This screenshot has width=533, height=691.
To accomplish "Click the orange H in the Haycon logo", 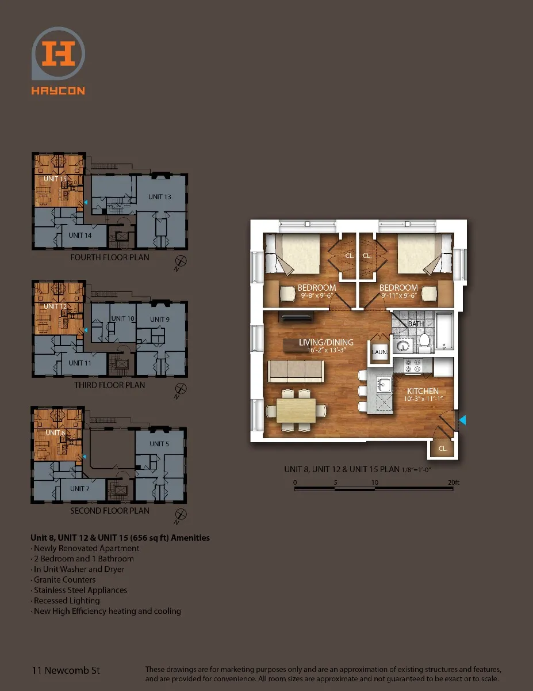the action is click(59, 53).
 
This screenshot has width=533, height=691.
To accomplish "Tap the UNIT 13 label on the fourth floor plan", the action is click(159, 197).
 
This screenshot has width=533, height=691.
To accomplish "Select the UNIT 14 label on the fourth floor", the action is click(80, 236).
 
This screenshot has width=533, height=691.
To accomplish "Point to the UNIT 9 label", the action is click(160, 319).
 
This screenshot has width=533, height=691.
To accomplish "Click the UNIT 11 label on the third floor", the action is click(80, 363).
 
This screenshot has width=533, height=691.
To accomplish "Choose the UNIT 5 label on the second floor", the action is click(159, 443).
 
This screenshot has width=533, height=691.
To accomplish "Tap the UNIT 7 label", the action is click(79, 488).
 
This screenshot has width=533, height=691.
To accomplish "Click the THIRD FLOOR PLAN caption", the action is click(109, 385).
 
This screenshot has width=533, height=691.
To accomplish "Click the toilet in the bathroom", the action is click(424, 342).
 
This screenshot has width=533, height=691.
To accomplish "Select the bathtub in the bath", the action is click(444, 331).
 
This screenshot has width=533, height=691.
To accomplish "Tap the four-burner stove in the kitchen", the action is click(412, 366).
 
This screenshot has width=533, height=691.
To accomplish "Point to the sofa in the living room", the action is click(296, 371).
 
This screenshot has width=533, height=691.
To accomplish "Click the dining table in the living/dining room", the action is click(296, 410).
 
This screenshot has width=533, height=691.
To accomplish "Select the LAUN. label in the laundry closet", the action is click(379, 352).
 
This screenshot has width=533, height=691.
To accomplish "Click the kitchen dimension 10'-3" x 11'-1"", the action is click(423, 398).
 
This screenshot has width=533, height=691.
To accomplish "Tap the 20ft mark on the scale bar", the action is click(454, 483).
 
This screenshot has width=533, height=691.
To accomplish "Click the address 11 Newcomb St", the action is click(66, 670).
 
